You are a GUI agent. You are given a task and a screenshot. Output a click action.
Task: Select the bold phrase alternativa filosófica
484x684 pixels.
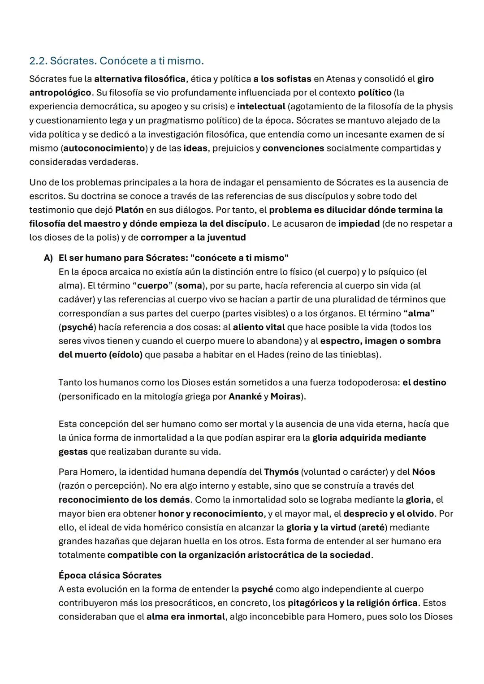(139, 79)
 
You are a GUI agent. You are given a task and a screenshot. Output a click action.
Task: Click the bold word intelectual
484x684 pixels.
(261, 106)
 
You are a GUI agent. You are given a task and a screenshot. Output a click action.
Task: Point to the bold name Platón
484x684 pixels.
(129, 210)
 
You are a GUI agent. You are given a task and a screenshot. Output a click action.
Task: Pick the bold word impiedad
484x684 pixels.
(359, 224)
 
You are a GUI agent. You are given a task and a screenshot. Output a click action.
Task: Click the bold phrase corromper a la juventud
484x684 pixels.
(193, 237)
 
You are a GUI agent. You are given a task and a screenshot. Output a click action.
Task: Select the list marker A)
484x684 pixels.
(48, 258)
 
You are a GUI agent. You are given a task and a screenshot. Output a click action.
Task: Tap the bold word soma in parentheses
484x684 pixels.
(190, 285)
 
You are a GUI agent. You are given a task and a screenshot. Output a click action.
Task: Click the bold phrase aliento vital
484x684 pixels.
(259, 327)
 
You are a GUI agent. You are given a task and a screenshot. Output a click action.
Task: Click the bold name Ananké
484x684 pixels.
(245, 396)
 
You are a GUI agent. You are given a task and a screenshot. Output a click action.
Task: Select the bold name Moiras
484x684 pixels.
(285, 396)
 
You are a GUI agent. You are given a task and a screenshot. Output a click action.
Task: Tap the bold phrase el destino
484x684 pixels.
(424, 383)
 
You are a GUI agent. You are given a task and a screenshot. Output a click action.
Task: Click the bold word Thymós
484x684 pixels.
(281, 472)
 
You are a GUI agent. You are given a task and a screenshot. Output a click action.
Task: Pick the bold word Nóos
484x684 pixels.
(423, 472)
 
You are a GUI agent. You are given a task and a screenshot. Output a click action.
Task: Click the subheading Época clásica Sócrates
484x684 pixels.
(110, 575)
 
